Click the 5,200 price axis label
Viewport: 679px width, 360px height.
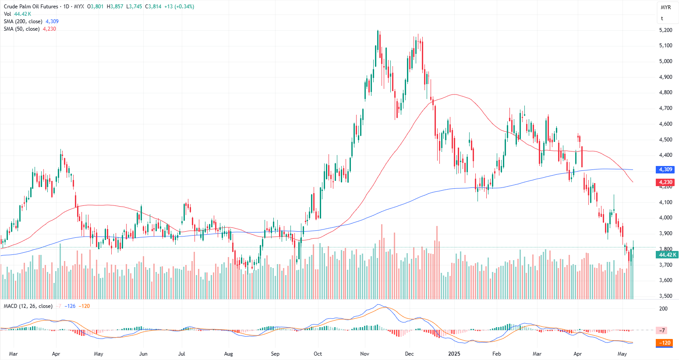pyautogui.click(x=665, y=30)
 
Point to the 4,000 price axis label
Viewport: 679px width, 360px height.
pyautogui.click(x=665, y=218)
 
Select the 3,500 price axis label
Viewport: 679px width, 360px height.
pyautogui.click(x=665, y=296)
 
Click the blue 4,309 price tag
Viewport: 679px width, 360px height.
pyautogui.click(x=665, y=169)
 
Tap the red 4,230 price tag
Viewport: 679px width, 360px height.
pyautogui.click(x=665, y=182)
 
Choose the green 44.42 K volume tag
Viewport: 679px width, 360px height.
pyautogui.click(x=668, y=255)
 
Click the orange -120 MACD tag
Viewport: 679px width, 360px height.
pyautogui.click(x=665, y=343)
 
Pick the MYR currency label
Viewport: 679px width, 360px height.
pyautogui.click(x=665, y=7)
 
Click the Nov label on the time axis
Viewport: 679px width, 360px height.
pyautogui.click(x=364, y=354)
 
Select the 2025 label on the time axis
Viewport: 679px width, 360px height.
pyautogui.click(x=454, y=354)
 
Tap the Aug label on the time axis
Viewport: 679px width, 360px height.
pyautogui.click(x=228, y=354)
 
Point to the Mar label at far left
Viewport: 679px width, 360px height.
pyautogui.click(x=13, y=354)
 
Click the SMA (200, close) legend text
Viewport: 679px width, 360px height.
pyautogui.click(x=23, y=21)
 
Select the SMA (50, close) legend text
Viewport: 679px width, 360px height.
pyautogui.click(x=22, y=29)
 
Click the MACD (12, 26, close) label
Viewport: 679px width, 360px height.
pyautogui.click(x=28, y=306)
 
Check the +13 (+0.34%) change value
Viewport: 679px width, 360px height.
pyautogui.click(x=178, y=7)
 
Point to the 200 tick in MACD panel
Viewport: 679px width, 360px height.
pyautogui.click(x=663, y=309)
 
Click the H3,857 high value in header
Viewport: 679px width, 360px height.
pyautogui.click(x=116, y=7)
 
